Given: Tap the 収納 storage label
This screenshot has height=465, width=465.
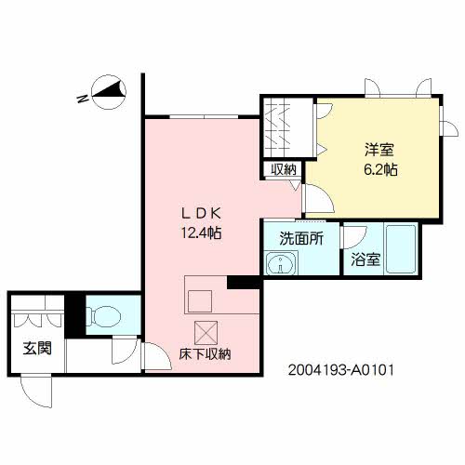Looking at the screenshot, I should click(x=285, y=169).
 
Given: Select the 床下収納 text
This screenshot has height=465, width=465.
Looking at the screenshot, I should click(x=205, y=354).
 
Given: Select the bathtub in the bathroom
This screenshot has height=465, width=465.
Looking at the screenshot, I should click(x=400, y=250).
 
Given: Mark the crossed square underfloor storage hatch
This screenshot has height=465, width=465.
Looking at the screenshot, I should click(x=205, y=330).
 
